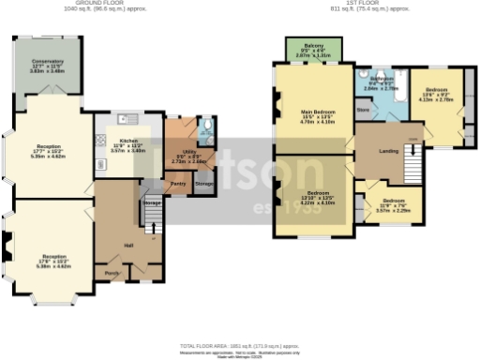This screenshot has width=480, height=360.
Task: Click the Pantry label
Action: point(176,184)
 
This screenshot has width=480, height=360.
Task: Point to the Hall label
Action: point(129,246)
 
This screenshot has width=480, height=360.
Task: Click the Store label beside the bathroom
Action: point(363,111)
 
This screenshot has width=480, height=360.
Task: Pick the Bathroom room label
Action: point(384,79)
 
